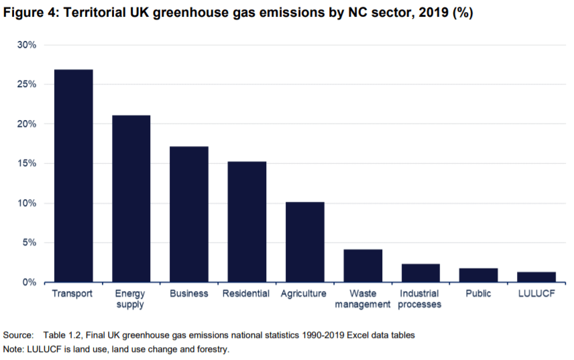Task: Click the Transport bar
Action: (x=73, y=176)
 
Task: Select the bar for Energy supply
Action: (x=131, y=198)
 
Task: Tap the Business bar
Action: (x=189, y=214)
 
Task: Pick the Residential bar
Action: (x=247, y=221)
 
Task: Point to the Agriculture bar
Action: (x=304, y=241)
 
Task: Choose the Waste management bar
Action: (x=363, y=265)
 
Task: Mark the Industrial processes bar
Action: (x=420, y=273)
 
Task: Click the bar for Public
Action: (x=478, y=275)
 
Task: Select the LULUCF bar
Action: (x=536, y=277)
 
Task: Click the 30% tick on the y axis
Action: (x=27, y=45)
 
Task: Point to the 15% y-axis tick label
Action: (x=27, y=164)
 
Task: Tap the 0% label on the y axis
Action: (x=30, y=282)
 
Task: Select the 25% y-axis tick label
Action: (x=27, y=84)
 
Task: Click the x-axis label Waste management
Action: (x=363, y=299)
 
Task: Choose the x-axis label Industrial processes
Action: (x=420, y=299)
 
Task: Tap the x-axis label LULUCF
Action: (x=536, y=294)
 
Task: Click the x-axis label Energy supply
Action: (x=131, y=299)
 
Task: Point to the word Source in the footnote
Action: (x=17, y=334)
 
